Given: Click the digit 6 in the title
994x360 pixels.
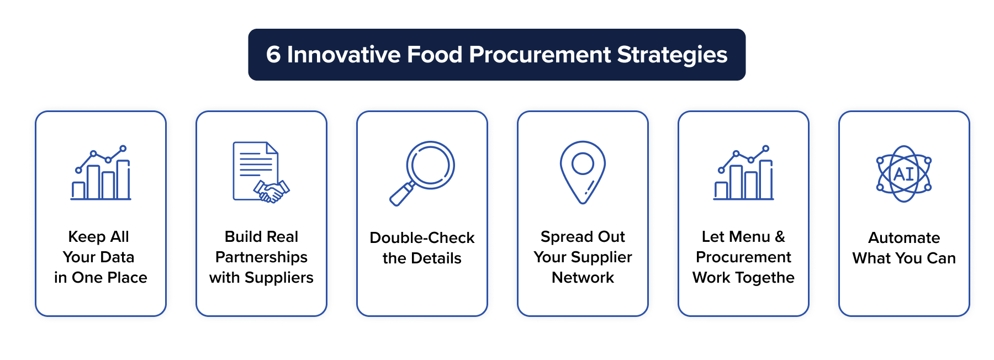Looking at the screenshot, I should point(273,55).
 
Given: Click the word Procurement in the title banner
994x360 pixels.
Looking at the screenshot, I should point(540,55).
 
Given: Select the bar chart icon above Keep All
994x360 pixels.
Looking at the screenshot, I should point(101,173).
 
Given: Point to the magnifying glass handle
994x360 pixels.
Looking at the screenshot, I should point(401,194).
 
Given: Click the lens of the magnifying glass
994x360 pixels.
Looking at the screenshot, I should point(430,165).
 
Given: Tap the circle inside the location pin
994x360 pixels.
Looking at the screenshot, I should point(583,163).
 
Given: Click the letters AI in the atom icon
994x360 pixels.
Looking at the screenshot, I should point(904,174).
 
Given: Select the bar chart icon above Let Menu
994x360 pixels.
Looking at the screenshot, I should point(743,173).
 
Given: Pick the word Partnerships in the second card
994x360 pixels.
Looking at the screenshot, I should point(261,257).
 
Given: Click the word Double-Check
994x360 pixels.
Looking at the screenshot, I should point(422,238).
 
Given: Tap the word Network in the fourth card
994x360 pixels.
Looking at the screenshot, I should point(583,278).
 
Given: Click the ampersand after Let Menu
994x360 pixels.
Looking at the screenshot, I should point(780,237).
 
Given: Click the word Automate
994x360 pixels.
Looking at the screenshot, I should point(904,238).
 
